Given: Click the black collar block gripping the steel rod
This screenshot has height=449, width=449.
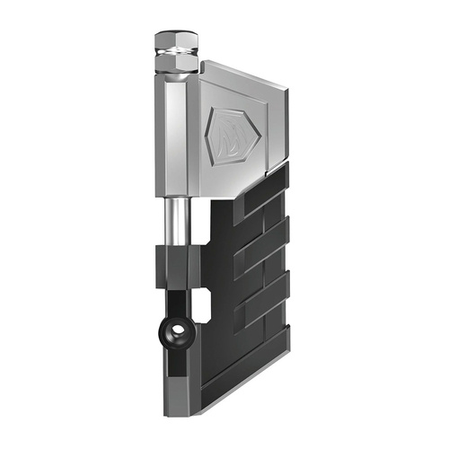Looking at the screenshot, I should (x=178, y=260).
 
